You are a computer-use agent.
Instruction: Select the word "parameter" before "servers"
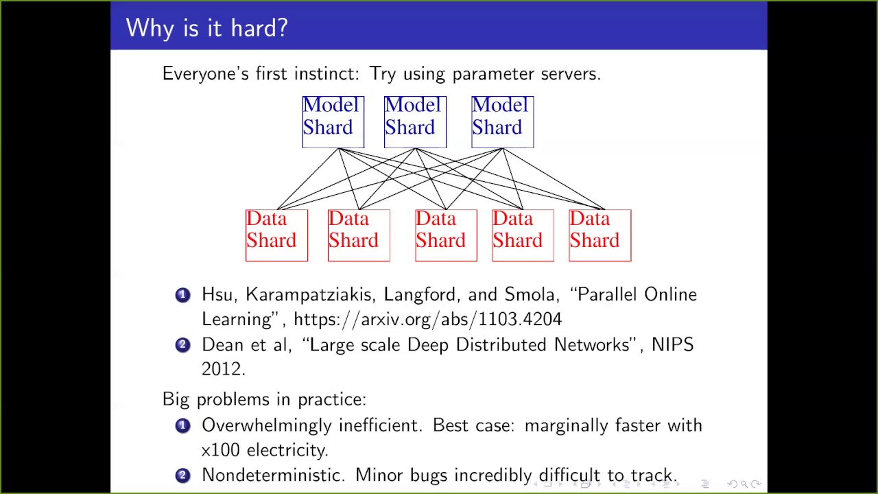[x=494, y=74]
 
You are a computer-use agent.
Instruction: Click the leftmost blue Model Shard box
[x=333, y=121]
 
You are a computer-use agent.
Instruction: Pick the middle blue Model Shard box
[x=415, y=121]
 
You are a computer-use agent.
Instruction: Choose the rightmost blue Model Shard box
[x=502, y=121]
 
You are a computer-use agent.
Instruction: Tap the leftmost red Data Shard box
[x=276, y=235]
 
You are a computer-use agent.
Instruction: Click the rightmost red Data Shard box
[x=600, y=235]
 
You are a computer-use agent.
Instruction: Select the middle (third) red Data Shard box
[x=446, y=235]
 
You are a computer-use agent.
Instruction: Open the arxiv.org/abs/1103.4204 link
[x=427, y=319]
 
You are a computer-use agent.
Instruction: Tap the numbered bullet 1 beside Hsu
[x=182, y=295]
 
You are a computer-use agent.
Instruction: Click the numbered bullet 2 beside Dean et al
[x=182, y=345]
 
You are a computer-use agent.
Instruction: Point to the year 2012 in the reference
[x=222, y=369]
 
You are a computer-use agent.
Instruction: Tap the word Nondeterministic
[x=273, y=475]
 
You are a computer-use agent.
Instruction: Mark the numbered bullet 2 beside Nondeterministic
[x=182, y=475]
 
